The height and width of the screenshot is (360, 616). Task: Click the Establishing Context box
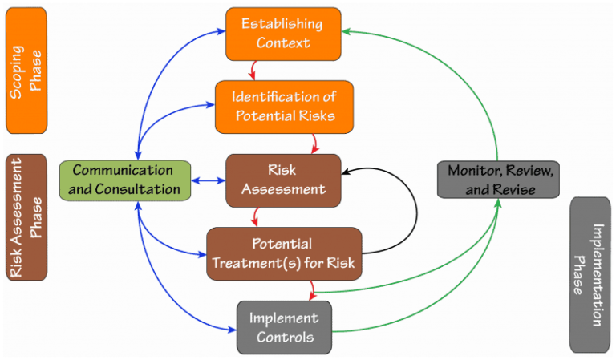tap(283, 33)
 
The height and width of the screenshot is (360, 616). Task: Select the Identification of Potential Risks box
tap(284, 107)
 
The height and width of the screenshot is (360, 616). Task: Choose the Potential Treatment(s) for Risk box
tap(284, 253)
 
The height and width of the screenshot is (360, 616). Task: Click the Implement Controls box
tap(284, 327)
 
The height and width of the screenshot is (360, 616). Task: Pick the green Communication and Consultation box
tap(125, 180)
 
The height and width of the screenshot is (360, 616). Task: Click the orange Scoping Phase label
tap(26, 71)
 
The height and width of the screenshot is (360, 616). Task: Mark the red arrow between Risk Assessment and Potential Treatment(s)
tap(255, 216)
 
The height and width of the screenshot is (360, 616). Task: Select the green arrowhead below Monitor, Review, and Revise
tap(497, 204)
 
